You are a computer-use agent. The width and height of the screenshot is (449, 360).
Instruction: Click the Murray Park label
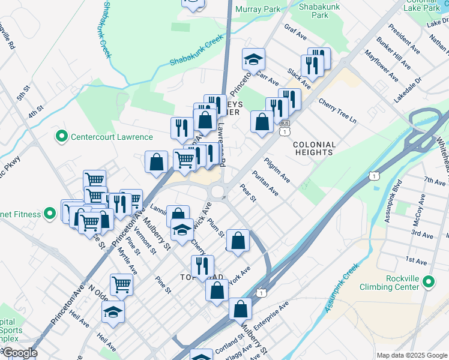(x=258, y=9)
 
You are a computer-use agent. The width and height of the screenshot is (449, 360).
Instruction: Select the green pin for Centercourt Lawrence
(x=61, y=137)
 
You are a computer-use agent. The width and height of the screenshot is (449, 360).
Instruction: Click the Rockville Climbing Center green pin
(x=428, y=282)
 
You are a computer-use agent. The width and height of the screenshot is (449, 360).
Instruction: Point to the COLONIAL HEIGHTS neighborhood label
(x=314, y=148)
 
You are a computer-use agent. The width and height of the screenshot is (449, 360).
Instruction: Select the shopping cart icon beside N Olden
(x=121, y=284)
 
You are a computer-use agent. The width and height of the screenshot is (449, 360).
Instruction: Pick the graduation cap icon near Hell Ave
(x=112, y=311)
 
